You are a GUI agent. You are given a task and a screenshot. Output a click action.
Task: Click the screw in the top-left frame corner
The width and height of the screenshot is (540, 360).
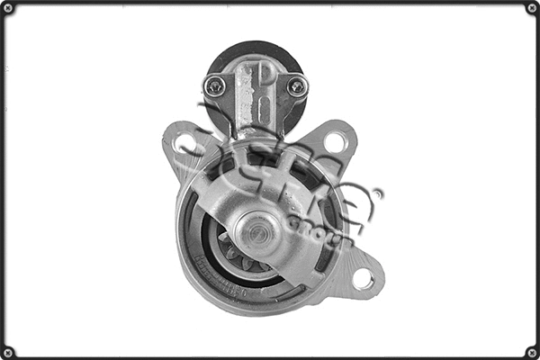click(x=8, y=8)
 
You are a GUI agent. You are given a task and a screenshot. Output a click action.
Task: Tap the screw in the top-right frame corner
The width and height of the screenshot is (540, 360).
click(x=532, y=8)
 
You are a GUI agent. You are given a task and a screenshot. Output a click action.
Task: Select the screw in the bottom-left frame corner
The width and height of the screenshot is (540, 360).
click(x=8, y=352)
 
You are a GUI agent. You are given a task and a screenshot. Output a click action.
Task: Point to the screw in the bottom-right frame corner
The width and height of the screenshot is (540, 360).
click(x=532, y=352)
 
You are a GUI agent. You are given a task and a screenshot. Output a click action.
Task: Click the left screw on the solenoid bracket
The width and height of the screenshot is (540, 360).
click(x=215, y=85)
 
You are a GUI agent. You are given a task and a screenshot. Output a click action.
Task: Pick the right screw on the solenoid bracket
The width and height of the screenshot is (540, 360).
click(x=296, y=85)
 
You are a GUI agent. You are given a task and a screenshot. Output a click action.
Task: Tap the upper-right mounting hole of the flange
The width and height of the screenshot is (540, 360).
click(x=335, y=141)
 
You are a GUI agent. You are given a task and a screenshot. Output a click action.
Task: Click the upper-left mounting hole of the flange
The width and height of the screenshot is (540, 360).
click(x=185, y=144)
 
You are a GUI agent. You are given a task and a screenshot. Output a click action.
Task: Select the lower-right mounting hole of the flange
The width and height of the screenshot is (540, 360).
click(x=363, y=279)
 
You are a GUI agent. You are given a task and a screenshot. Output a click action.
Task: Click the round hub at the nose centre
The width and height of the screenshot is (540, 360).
click(x=258, y=232)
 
